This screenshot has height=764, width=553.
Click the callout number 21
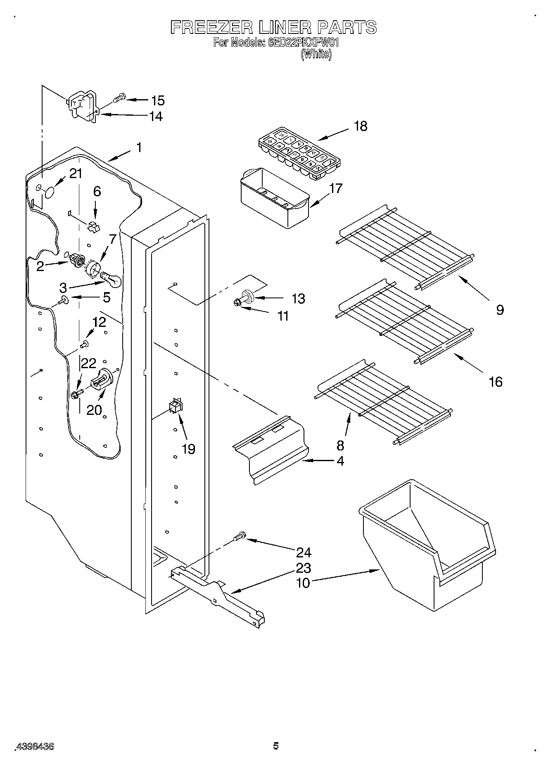pos(76,174)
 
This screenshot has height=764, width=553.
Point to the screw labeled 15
pos(118,98)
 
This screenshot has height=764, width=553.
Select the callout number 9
pos(500,309)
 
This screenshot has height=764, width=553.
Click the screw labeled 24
pos(239,536)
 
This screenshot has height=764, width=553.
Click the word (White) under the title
pos(316,54)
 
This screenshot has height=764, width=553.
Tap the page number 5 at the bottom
pos(276,746)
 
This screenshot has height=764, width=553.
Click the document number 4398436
pos(35,747)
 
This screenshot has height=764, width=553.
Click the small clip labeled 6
pos(94,227)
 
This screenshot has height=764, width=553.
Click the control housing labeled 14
pos(82,107)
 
